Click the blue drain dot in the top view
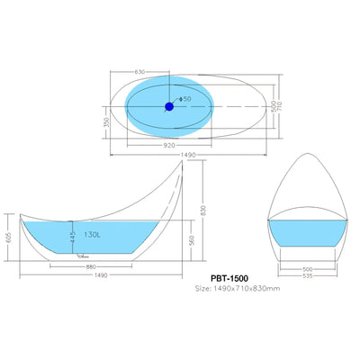(168, 107)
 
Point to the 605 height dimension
(8, 237)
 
